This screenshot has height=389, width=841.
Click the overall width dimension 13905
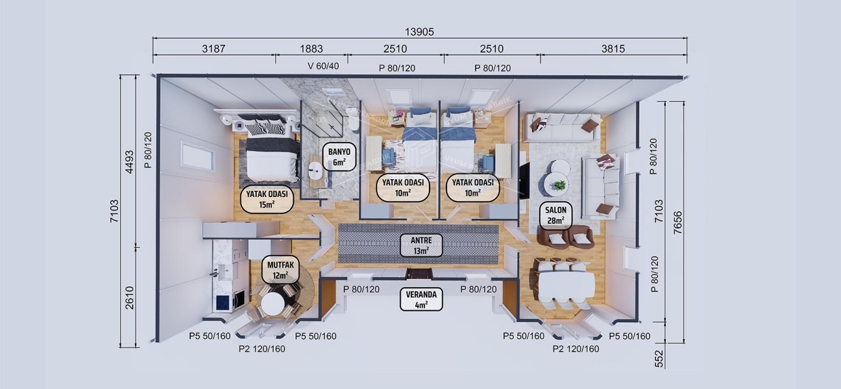pos(419,32)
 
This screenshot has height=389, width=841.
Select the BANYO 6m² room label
pos(339,156)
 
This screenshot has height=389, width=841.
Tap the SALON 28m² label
pos(556,215)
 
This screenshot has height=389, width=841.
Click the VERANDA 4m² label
pos(421,300)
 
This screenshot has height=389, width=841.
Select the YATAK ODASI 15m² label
pos(267,198)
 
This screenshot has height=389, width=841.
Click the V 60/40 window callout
pos(323,67)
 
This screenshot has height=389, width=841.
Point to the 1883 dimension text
pos(311,49)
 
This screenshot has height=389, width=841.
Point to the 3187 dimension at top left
pos(213,49)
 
